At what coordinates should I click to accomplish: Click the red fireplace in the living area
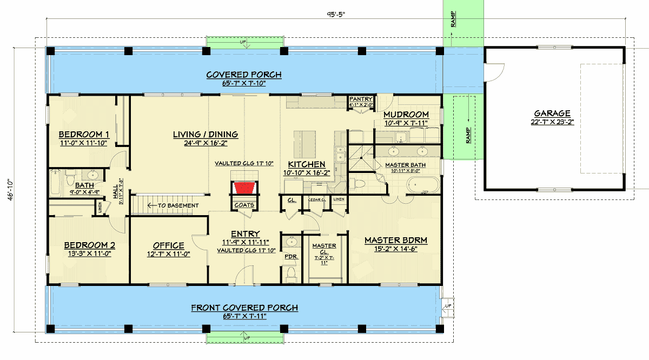244,188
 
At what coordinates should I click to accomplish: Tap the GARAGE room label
552,114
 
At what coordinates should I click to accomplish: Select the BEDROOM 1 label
84,134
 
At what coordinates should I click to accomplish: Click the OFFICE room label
168,245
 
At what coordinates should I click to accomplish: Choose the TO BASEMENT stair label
177,205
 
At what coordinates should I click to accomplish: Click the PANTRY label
360,99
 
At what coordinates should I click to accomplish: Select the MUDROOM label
406,115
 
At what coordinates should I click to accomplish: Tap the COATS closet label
244,205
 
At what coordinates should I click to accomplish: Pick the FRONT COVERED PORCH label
244,308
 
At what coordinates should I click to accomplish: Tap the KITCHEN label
306,164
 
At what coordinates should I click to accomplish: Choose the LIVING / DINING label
206,134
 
